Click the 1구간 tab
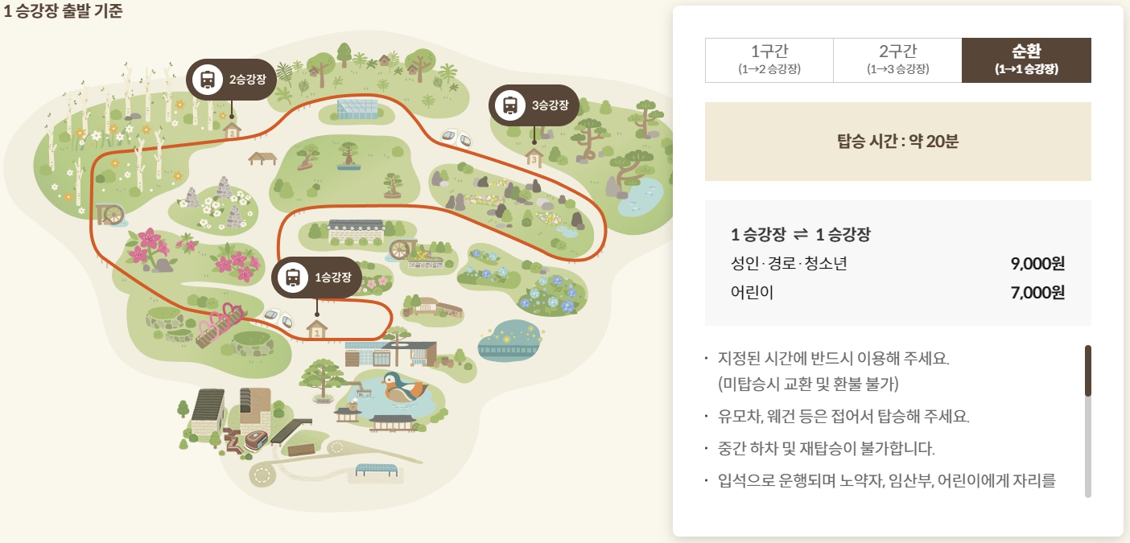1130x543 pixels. pos(769,60)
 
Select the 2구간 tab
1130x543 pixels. pos(897,60)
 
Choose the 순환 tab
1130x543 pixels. pos(1026,60)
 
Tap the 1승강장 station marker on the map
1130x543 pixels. pos(316,278)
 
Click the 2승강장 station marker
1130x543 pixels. pos(231,79)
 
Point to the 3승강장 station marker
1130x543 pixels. pos(534,105)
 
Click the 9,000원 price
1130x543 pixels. pos(1037,263)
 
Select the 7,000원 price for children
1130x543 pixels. pos(1037,292)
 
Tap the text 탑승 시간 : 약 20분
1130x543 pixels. pos(897,142)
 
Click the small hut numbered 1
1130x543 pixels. pos(316,330)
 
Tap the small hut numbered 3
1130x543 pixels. pos(534,158)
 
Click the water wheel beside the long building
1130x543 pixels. pos(400,249)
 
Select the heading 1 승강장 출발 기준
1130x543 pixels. pos(62,12)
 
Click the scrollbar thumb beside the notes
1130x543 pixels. pos(1088,370)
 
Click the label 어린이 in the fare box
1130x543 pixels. pos(752,292)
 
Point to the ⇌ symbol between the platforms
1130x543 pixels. pos(800,235)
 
